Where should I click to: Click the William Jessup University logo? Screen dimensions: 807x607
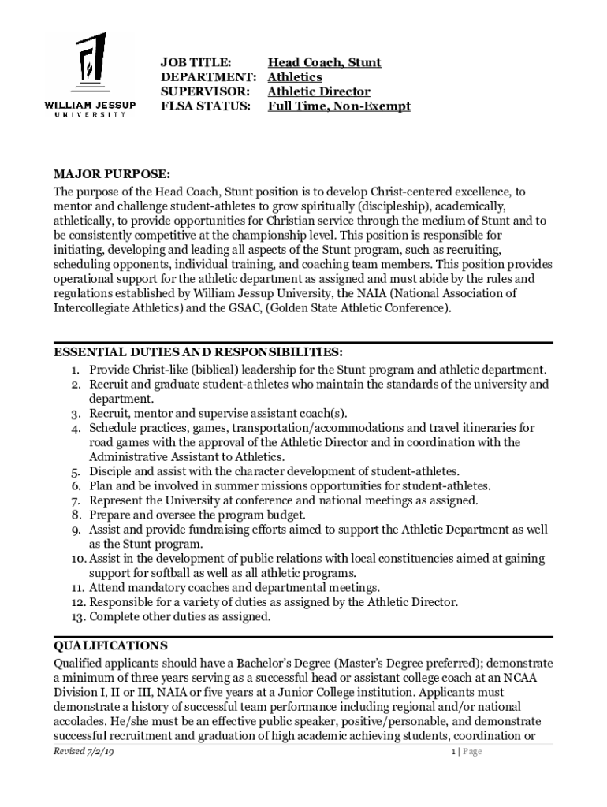pos(89,76)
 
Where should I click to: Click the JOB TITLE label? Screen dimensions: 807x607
pos(196,62)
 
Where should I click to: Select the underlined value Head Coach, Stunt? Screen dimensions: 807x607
pos(324,62)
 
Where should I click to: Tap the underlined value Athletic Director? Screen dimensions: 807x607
pos(318,91)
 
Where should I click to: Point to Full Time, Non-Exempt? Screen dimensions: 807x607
pos(339,106)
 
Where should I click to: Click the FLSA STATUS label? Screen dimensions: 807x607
pos(205,106)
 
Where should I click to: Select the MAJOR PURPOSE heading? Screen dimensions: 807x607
pos(111,173)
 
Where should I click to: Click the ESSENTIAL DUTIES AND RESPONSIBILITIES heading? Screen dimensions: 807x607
pos(198,351)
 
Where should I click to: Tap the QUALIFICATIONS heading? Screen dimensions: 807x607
pos(110,645)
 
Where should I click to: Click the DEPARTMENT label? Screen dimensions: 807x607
pos(209,76)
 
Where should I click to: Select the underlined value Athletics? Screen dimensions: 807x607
pos(295,76)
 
